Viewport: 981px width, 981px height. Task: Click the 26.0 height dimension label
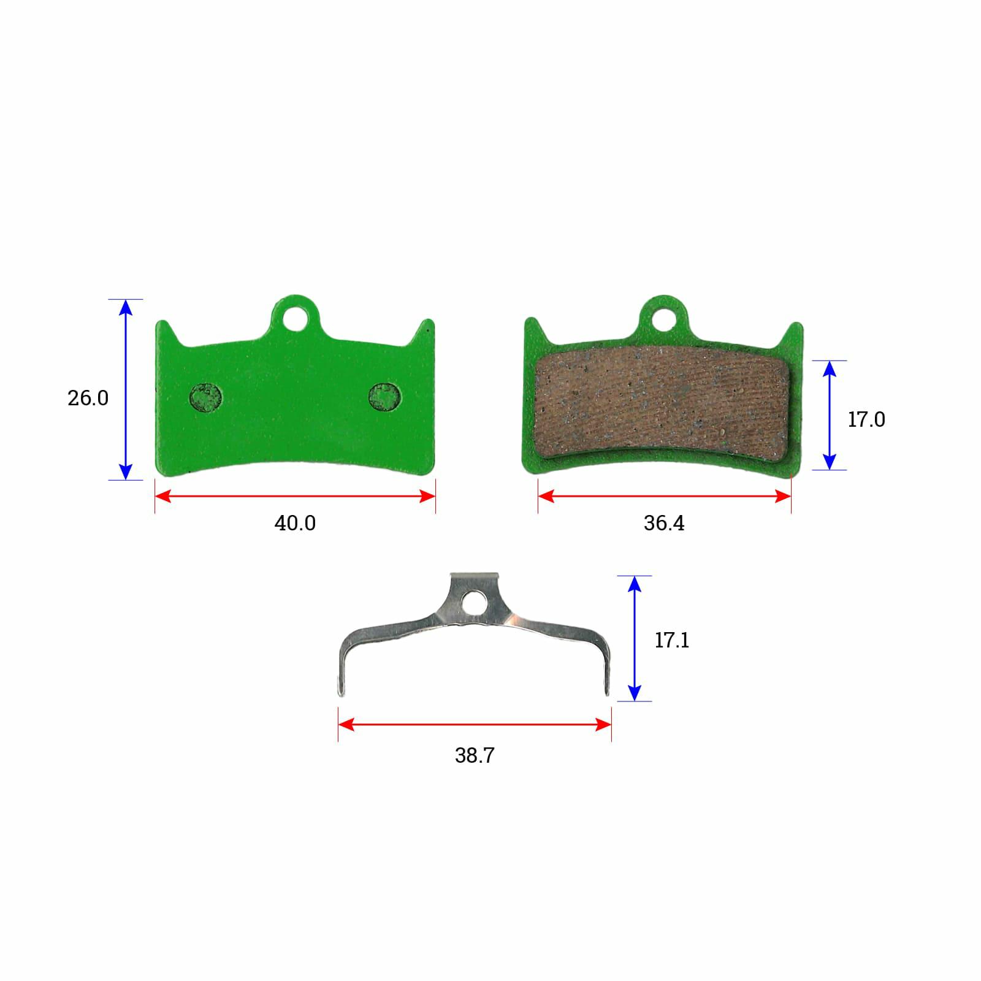pyautogui.click(x=88, y=398)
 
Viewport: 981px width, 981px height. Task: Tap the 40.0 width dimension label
pyautogui.click(x=295, y=523)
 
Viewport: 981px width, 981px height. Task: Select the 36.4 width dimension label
pyautogui.click(x=664, y=523)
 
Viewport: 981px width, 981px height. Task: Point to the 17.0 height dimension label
pyautogui.click(x=866, y=419)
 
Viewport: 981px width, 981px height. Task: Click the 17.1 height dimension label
pyautogui.click(x=672, y=640)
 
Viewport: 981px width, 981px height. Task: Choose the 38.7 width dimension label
pyautogui.click(x=475, y=755)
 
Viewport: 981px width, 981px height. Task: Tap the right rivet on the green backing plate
pyautogui.click(x=384, y=397)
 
